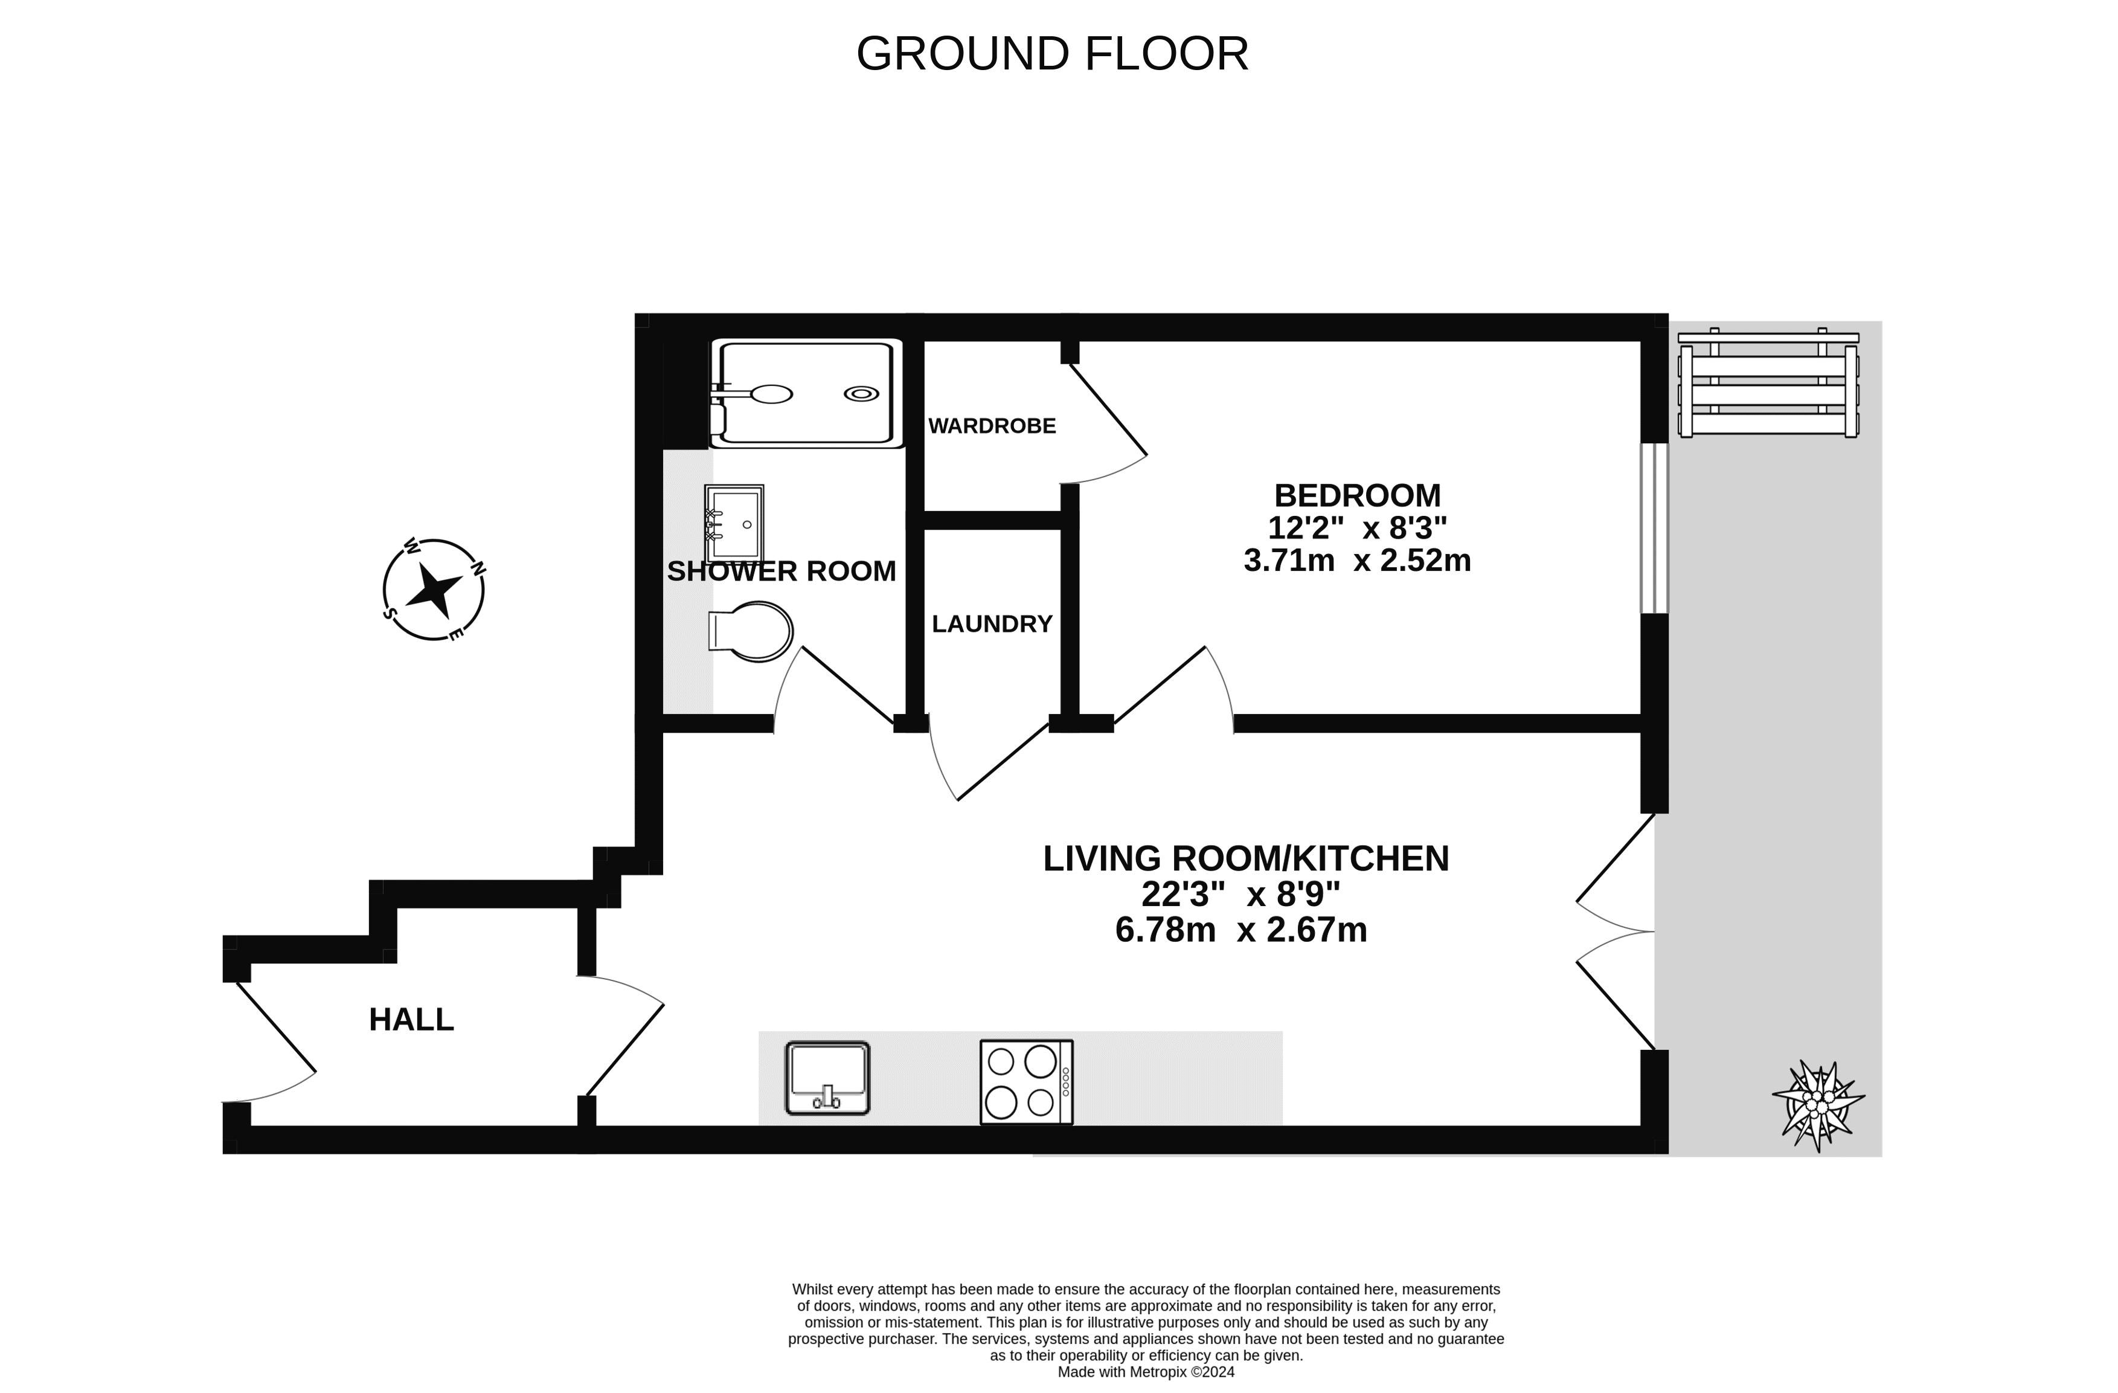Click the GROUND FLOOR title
[x=1052, y=54]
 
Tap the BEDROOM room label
[x=1356, y=495]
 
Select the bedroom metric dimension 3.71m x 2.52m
[x=1356, y=561]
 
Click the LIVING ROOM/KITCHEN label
[x=1246, y=858]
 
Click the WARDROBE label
[x=992, y=426]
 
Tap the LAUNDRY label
[x=992, y=624]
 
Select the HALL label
[x=411, y=1019]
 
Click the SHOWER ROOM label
[x=781, y=571]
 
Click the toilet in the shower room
[x=752, y=631]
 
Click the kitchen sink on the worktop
[x=827, y=1078]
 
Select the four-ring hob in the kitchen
[x=1025, y=1081]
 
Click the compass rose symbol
[x=434, y=589]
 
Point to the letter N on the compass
[x=478, y=567]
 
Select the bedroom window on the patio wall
[x=1654, y=528]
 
